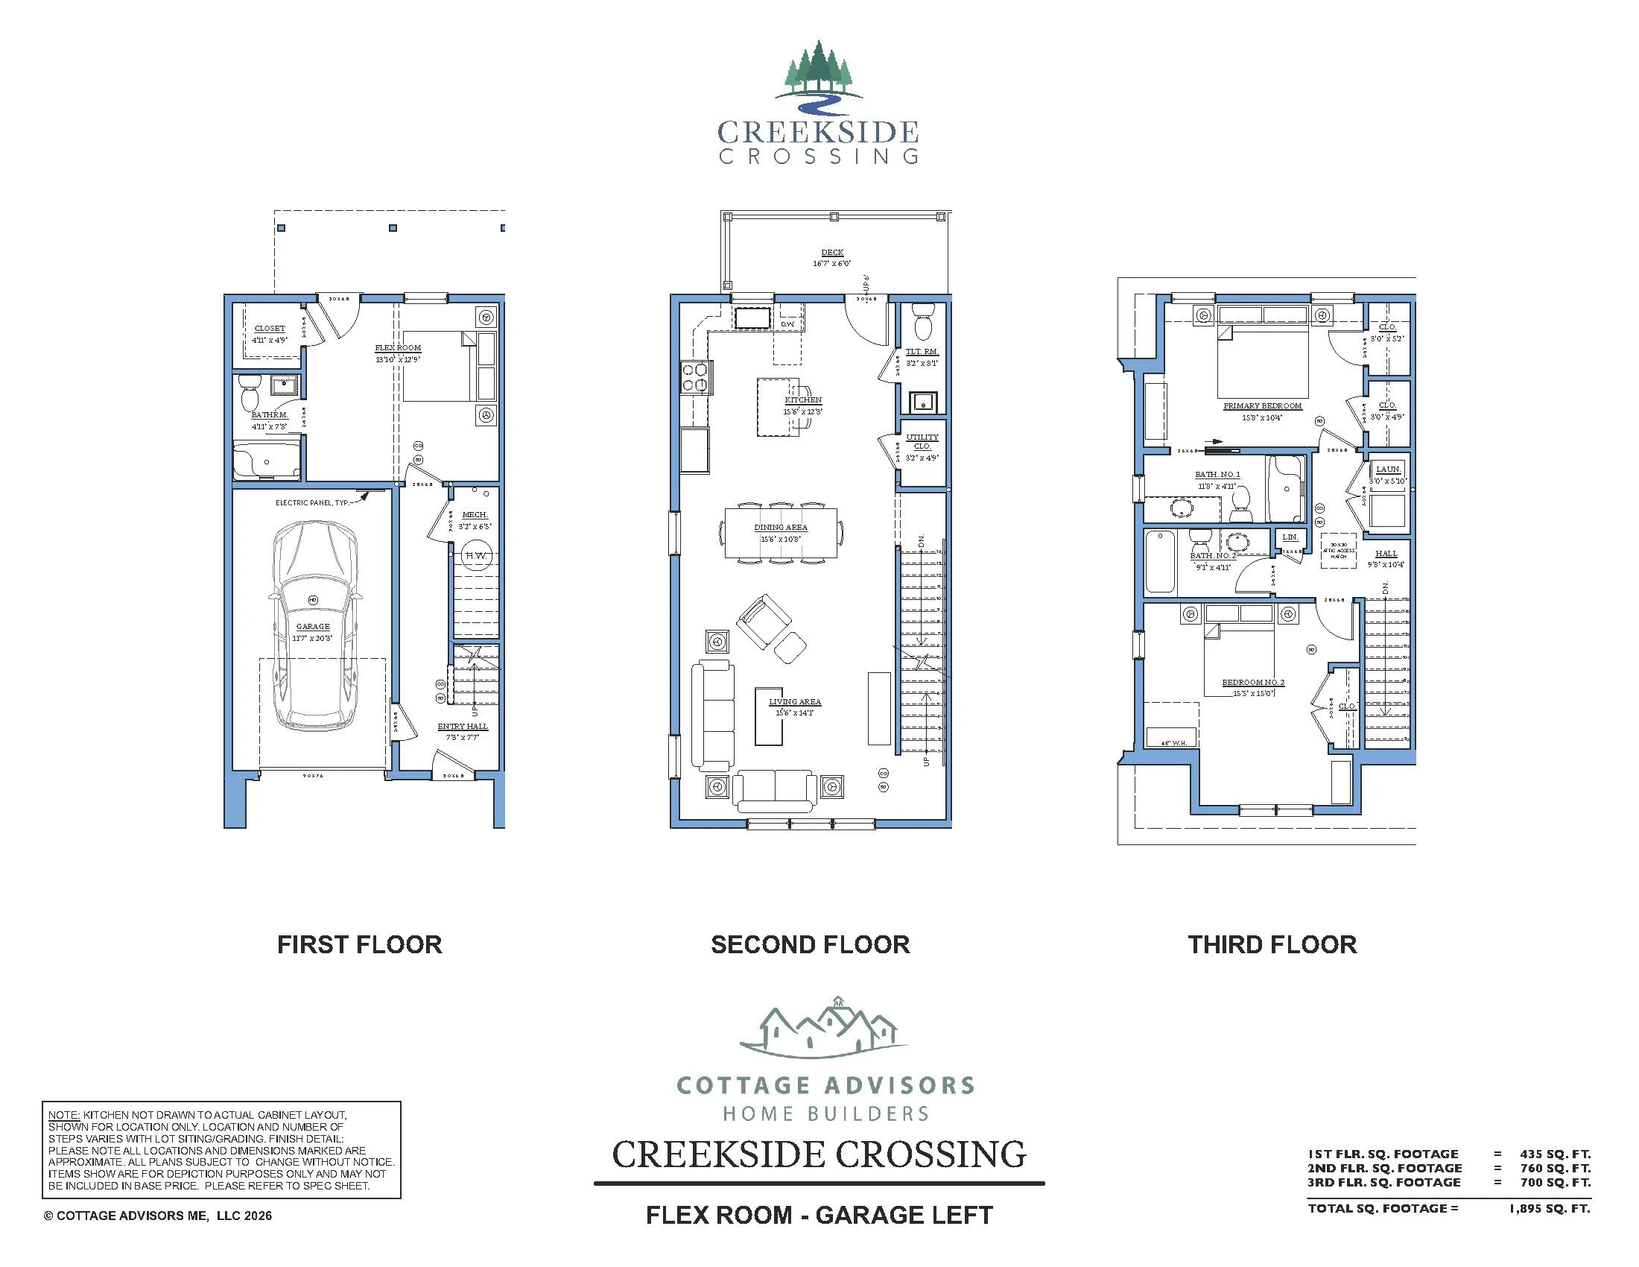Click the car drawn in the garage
314,627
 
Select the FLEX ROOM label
398,348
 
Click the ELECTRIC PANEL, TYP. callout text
312,503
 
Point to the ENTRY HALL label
463,727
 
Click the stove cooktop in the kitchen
695,378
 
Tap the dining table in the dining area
781,533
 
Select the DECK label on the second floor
832,253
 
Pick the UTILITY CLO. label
922,441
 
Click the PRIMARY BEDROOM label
1262,406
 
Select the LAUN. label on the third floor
1388,469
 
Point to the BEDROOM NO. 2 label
1252,682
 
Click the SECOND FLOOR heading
810,944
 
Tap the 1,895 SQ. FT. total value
1549,1208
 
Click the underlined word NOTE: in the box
64,1116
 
